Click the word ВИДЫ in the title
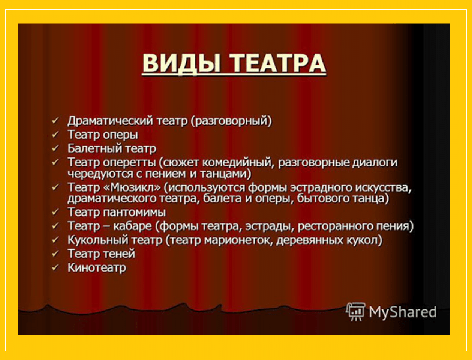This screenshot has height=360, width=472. (x=181, y=63)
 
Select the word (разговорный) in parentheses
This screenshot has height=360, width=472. (x=231, y=121)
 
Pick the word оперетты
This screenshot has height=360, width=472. (x=129, y=163)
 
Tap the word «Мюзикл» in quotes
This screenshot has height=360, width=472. (x=132, y=187)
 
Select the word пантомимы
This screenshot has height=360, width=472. (x=135, y=213)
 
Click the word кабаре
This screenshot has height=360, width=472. (x=133, y=226)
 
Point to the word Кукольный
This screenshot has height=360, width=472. (x=97, y=240)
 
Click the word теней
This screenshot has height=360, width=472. (x=119, y=254)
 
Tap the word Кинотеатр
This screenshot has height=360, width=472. (x=97, y=268)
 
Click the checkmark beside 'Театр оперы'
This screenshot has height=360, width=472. (x=55, y=135)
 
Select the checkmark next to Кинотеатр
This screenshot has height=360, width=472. (x=55, y=268)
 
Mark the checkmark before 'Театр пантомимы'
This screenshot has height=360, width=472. (x=55, y=212)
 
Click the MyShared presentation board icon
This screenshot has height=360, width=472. (x=356, y=312)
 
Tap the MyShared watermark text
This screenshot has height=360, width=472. (x=403, y=312)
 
